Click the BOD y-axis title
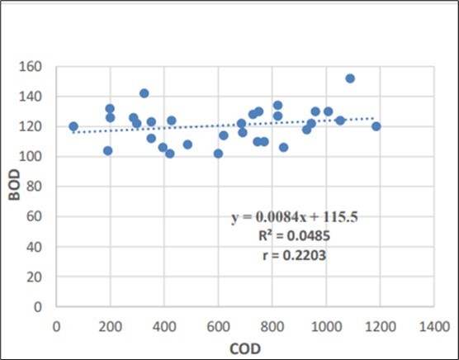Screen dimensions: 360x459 tap(15, 188)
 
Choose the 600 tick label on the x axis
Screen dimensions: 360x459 tap(218, 325)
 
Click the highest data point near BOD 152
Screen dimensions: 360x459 tap(350, 78)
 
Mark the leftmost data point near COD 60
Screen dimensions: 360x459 tap(73, 126)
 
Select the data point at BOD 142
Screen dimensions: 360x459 tap(144, 93)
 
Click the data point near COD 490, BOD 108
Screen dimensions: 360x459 tap(187, 144)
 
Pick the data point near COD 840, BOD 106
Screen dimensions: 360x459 tap(283, 147)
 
